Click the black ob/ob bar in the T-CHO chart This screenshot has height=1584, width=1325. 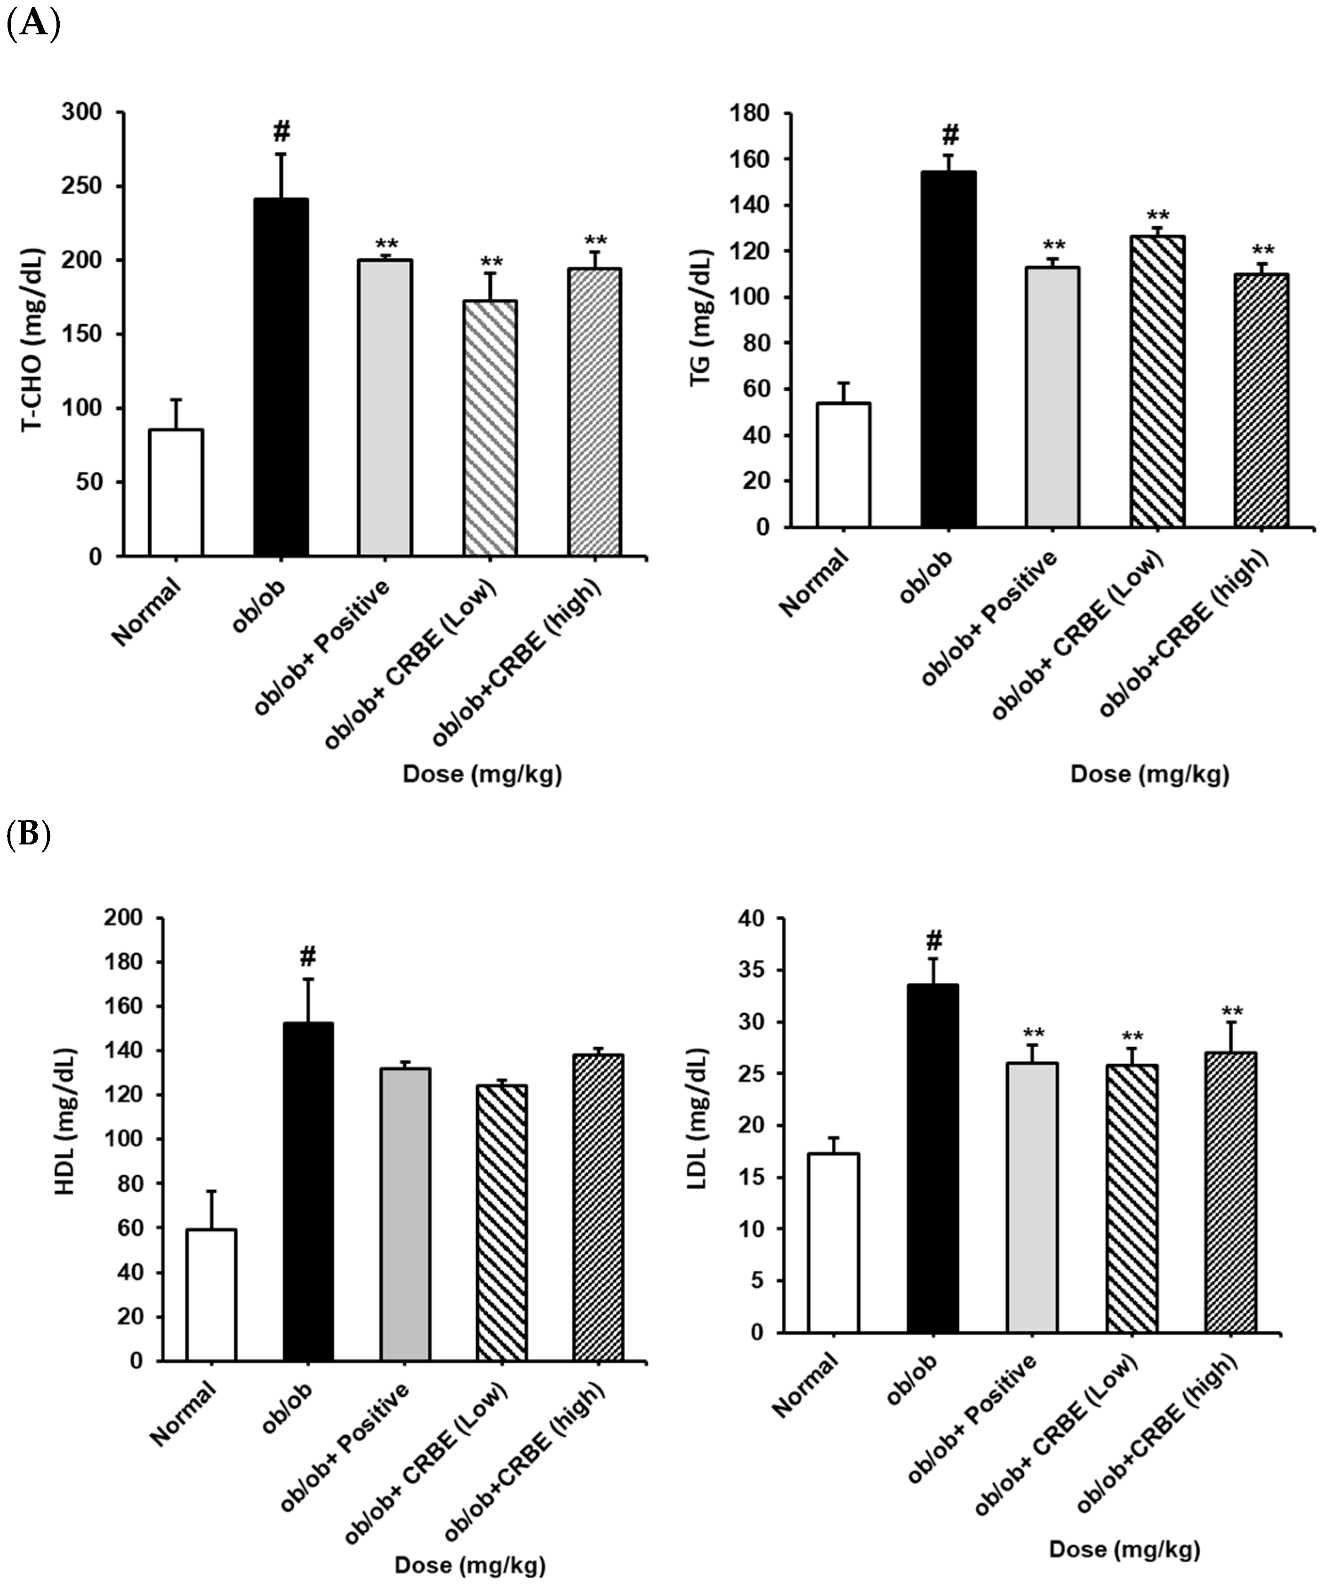[x=281, y=377]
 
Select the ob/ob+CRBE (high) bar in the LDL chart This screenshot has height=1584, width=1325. [x=1231, y=1193]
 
